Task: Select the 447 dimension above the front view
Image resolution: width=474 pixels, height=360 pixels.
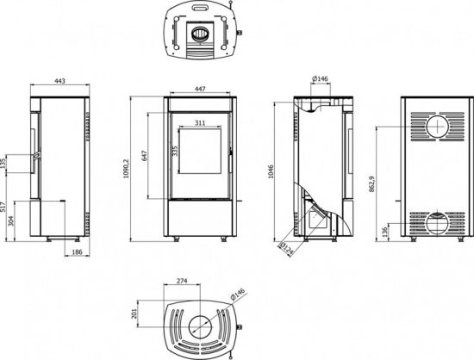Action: (x=198, y=88)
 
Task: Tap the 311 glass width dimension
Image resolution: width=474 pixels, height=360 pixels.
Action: (x=199, y=124)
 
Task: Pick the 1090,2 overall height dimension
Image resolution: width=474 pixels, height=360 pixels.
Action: (x=128, y=160)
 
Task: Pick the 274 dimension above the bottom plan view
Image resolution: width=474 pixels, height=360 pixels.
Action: (x=182, y=281)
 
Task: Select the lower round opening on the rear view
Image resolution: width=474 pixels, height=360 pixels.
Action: (x=438, y=224)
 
